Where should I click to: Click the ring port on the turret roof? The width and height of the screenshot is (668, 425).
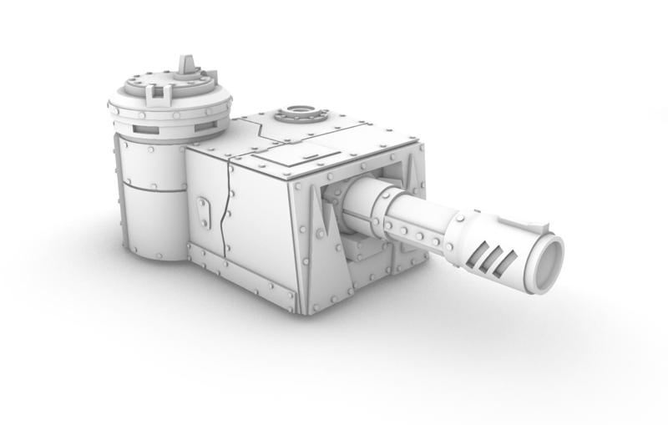click(300, 112)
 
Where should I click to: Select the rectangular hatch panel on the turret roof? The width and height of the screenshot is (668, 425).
click(284, 151)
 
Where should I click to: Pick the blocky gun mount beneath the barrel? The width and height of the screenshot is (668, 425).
click(361, 250)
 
